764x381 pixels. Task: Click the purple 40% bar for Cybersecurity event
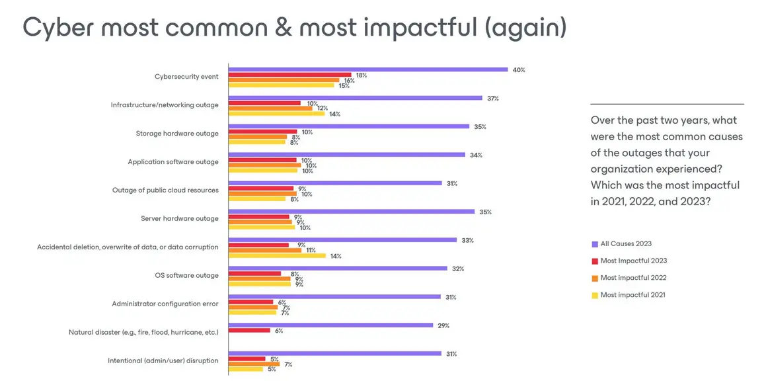pos(367,69)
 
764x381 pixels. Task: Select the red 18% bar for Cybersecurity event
pos(289,75)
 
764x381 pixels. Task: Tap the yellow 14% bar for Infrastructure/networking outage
pos(276,114)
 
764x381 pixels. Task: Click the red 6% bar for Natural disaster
pos(249,330)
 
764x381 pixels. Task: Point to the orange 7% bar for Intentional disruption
pos(254,364)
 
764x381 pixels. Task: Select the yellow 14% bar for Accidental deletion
pos(277,255)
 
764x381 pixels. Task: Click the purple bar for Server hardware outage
pos(351,212)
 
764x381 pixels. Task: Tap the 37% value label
pos(492,98)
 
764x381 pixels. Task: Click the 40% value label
pos(519,69)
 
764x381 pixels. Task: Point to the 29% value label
pos(444,325)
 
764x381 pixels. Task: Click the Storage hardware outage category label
pos(177,134)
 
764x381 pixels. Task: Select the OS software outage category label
pos(186,275)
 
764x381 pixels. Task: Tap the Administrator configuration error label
pos(165,304)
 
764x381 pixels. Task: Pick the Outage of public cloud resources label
pos(165,190)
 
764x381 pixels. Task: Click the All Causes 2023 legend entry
pos(625,244)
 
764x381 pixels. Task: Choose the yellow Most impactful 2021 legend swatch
pos(595,295)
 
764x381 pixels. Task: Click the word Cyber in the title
pos(56,27)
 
